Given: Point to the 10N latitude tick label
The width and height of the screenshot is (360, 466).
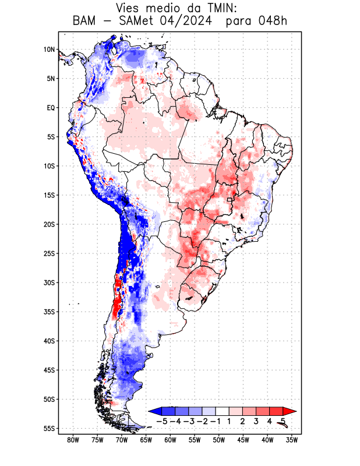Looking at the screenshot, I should point(49,50).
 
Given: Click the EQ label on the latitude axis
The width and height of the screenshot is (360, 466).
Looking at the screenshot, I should point(51,108).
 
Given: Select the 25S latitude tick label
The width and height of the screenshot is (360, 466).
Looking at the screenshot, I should point(49,253).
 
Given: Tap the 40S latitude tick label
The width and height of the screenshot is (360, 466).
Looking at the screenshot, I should point(49,341).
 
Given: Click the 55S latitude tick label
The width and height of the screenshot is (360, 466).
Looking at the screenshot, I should point(49,428).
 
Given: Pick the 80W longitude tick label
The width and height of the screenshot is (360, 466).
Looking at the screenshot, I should point(73,440).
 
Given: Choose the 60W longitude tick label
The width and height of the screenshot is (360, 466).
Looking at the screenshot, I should point(170,440).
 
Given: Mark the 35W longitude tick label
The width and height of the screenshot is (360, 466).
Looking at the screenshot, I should point(292,440).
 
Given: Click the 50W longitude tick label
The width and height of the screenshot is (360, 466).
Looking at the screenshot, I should point(219,440).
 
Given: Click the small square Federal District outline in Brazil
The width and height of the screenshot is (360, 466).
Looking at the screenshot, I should point(230,200).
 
